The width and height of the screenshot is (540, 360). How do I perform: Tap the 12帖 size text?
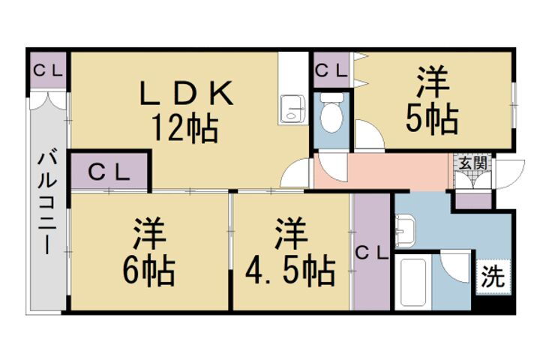pos(185,129)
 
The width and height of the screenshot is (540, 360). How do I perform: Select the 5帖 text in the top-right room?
pos(433,119)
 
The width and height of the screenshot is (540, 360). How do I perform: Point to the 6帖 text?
pos(149,269)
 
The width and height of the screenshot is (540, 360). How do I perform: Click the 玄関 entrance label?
pos(471,163)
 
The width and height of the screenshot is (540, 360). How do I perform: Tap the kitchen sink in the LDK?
pos(290,109)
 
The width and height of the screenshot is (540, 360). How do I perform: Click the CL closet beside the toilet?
pos(331,71)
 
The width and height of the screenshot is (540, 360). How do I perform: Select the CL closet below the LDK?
pos(109,172)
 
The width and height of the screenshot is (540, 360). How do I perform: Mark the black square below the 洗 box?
pos(495,301)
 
